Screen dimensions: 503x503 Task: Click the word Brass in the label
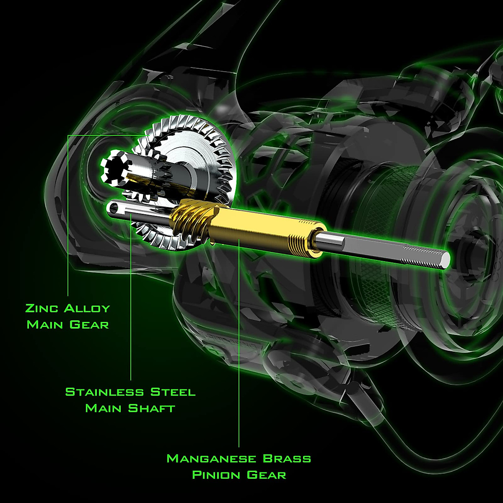[287, 459]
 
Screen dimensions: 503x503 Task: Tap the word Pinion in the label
[216, 475]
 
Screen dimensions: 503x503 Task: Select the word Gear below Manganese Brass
[266, 475]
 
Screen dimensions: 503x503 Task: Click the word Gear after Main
[89, 324]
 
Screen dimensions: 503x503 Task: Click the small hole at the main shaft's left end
[112, 206]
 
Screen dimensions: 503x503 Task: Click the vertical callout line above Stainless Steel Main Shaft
[131, 293]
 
